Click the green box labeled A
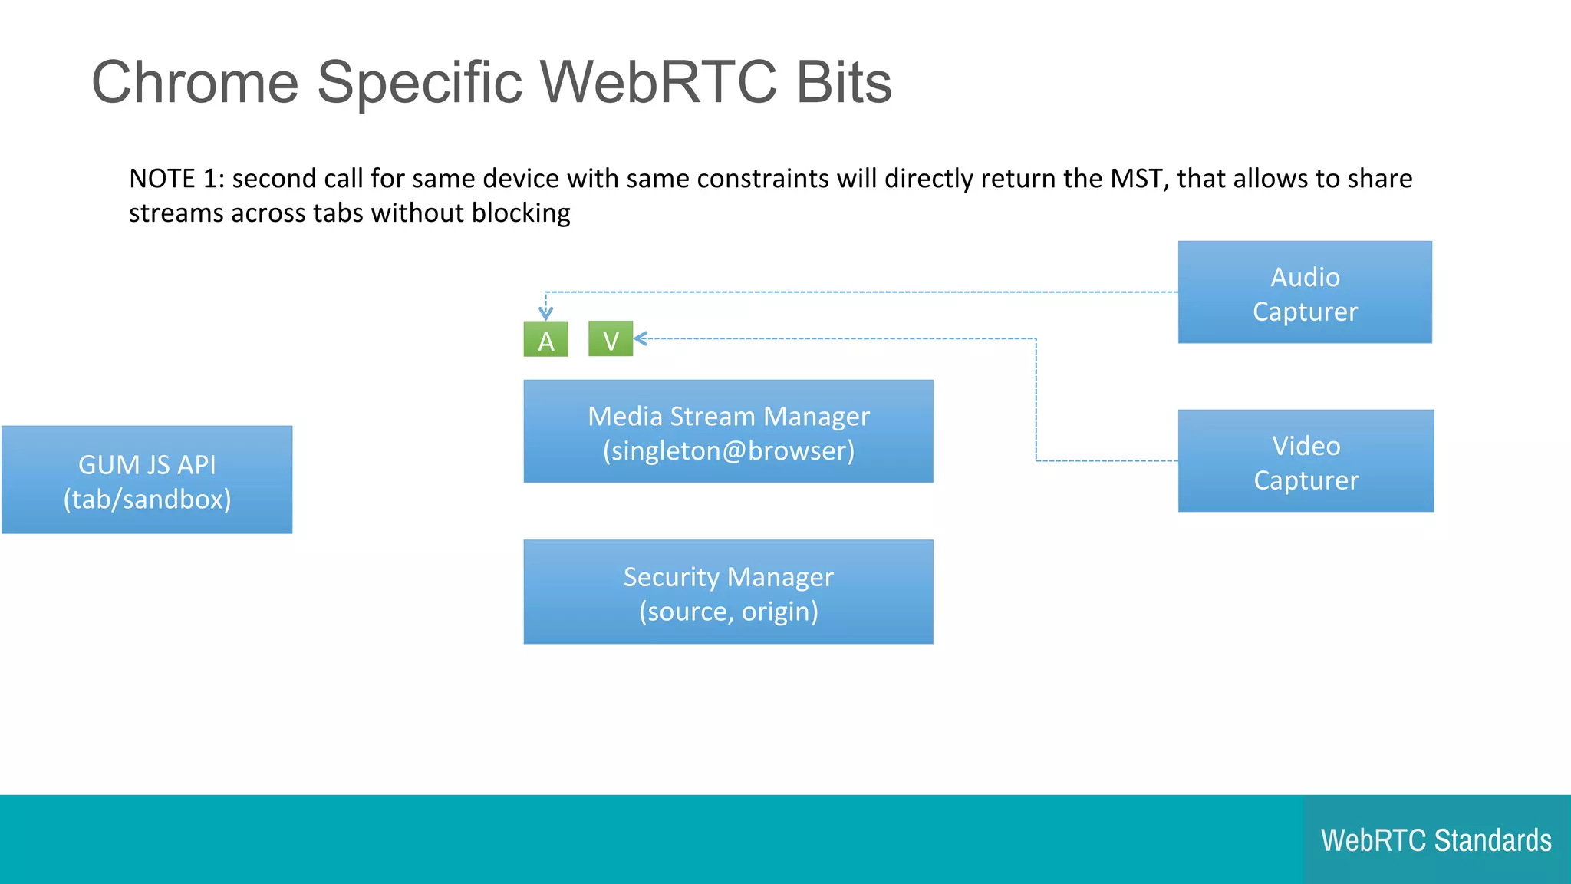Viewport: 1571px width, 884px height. point(545,339)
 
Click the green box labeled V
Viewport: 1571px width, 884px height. point(611,339)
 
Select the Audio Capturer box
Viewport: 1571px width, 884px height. point(1305,292)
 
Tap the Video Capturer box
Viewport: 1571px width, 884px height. point(1306,461)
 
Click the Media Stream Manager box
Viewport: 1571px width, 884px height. point(728,431)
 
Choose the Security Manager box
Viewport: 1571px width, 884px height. point(728,592)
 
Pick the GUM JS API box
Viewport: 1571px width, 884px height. point(147,480)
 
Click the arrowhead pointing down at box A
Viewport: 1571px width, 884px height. point(545,313)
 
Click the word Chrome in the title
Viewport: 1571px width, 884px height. point(195,82)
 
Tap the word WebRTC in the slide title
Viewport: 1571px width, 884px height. point(658,82)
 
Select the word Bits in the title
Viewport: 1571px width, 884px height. point(844,82)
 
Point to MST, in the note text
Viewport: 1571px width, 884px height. point(1140,179)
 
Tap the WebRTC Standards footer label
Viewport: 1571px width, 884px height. point(1436,840)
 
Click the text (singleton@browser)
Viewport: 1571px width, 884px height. point(728,450)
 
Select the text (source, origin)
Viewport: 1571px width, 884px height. point(728,612)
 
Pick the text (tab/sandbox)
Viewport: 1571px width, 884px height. point(147,500)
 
